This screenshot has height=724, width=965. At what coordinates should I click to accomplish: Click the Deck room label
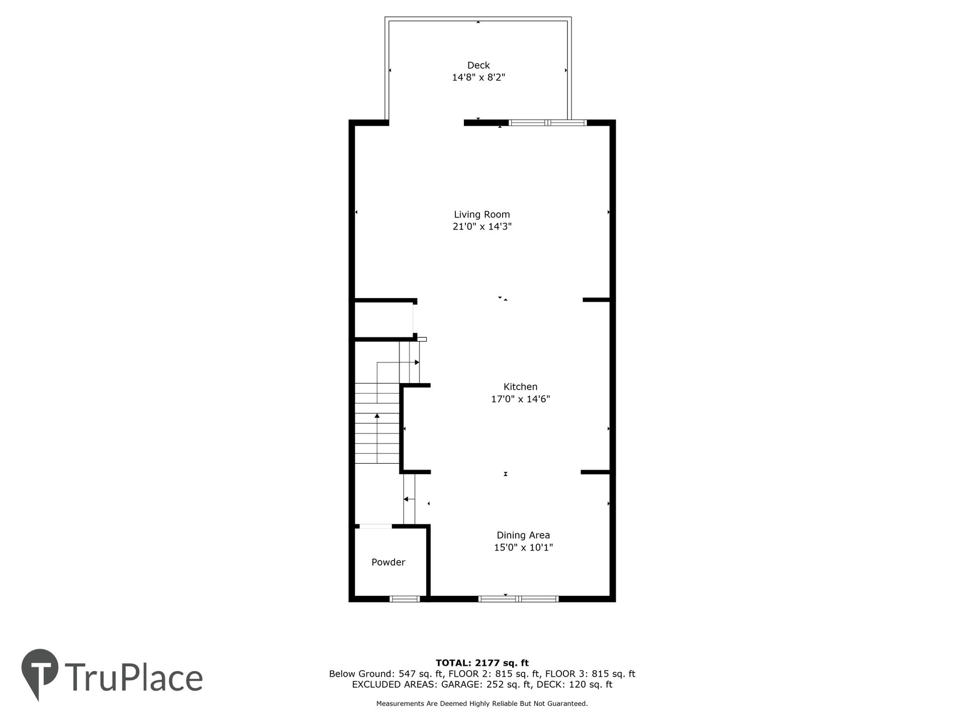point(478,65)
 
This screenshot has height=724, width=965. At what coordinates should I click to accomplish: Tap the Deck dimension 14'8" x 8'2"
point(478,77)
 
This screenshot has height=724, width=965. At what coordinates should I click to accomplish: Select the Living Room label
point(482,215)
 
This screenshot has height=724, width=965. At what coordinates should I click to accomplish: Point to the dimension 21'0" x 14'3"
point(482,227)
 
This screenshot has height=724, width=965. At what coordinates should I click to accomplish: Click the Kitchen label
point(521,387)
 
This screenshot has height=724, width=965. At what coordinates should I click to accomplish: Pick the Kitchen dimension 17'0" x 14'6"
point(521,399)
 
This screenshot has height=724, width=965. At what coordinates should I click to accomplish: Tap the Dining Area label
point(523,535)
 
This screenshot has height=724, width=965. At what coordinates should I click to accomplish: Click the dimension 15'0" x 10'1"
point(523,548)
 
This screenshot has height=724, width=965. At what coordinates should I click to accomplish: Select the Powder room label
point(389,562)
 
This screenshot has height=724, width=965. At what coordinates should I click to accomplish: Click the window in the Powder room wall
point(405,599)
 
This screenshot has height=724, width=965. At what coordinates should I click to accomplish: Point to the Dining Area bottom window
point(518,599)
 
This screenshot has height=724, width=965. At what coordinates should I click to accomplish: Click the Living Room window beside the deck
point(548,122)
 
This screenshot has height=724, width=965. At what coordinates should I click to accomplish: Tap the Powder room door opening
point(375,526)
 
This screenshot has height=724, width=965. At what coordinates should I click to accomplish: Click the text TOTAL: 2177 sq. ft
point(482,663)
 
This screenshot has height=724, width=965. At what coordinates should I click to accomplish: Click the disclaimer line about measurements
point(482,704)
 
